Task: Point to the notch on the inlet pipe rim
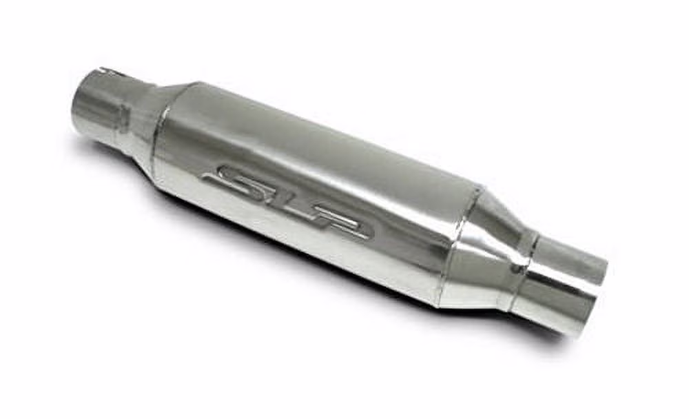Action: coord(105,70)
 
